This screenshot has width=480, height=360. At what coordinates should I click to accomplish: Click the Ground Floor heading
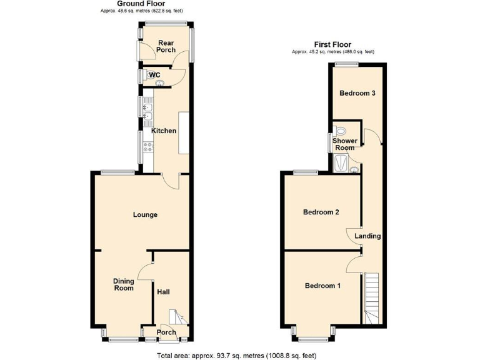134,4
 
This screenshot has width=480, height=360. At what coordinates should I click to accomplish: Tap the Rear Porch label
166,46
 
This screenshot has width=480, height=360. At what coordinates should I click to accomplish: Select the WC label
156,76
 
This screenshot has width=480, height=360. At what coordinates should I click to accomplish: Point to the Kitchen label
164,131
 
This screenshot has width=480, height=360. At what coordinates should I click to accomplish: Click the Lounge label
145,214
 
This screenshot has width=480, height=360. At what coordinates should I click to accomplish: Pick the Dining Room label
124,285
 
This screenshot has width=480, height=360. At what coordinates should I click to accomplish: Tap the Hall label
163,292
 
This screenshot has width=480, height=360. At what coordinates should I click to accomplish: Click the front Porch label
166,332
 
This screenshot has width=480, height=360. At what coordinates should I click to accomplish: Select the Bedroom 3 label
357,93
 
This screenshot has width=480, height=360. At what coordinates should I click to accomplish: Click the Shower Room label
344,144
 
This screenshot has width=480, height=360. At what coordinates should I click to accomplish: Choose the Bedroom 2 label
321,212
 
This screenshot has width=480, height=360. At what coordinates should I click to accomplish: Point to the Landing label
367,236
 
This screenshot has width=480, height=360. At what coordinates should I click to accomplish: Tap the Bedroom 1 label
322,286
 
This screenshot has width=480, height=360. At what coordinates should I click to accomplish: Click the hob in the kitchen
149,147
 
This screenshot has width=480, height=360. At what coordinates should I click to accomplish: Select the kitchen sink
149,114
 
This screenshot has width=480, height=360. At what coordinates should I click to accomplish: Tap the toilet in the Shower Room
340,131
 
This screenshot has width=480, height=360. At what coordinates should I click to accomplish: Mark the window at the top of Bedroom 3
342,64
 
